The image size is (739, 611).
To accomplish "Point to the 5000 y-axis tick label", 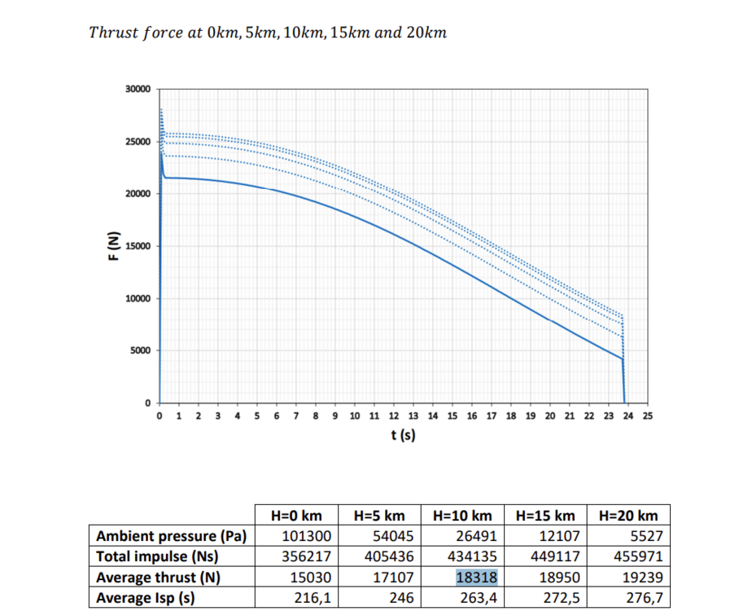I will pyautogui.click(x=140, y=351).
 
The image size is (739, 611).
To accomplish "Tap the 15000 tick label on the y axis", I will pyautogui.click(x=138, y=246).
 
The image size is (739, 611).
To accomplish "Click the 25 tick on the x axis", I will pyautogui.click(x=647, y=416).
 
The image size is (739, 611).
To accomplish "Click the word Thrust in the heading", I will pyautogui.click(x=112, y=33).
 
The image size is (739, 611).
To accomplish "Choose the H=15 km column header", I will pyautogui.click(x=545, y=516).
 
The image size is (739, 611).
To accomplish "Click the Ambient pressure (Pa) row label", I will pyautogui.click(x=172, y=537).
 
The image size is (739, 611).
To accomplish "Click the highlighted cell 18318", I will pyautogui.click(x=475, y=578).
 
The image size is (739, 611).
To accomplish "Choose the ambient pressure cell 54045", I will pyautogui.click(x=388, y=537).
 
